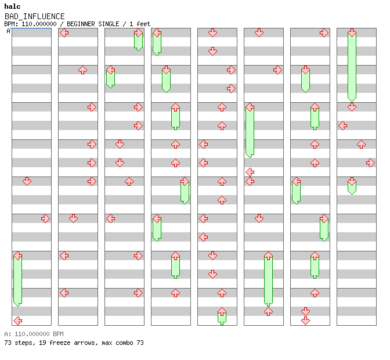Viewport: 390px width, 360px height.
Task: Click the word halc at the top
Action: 12,6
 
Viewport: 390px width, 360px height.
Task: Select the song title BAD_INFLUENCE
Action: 34,16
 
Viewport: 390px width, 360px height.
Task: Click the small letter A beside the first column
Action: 8,31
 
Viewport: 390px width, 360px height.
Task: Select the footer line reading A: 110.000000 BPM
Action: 34,334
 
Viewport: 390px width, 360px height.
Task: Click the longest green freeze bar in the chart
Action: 352,67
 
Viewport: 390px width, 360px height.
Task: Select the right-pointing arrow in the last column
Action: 370,163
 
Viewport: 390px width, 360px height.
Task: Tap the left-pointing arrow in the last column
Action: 343,125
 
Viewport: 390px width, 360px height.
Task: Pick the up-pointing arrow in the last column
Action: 361,144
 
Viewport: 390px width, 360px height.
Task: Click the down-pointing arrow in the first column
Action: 27,181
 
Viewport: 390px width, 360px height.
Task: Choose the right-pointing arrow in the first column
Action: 45,218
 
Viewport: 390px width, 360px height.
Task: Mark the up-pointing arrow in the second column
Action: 82,70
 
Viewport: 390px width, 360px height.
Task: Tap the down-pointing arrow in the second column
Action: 73,218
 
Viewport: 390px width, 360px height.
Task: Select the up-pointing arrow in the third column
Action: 129,181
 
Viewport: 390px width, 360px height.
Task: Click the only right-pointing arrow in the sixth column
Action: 277,70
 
